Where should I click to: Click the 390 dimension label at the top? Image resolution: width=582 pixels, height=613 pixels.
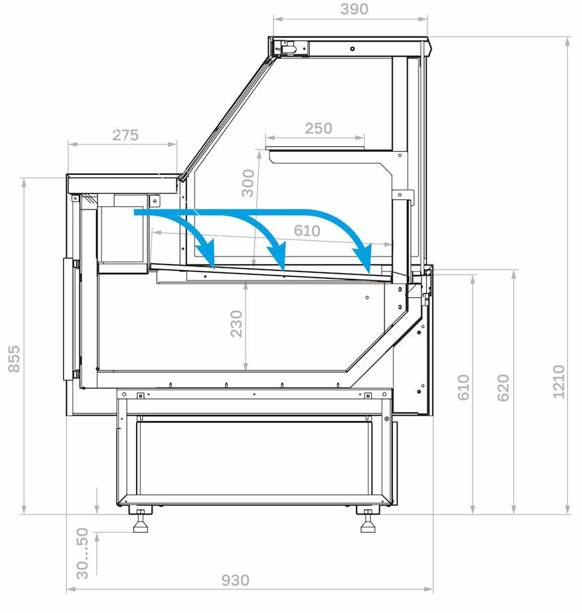354,9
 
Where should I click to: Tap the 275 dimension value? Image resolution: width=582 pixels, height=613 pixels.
125,135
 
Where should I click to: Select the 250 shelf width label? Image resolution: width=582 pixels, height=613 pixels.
319,128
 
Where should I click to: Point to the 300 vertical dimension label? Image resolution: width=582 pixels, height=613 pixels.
248,183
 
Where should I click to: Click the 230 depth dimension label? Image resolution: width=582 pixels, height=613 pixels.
236,324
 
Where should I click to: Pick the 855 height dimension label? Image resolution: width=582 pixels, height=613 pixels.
14,359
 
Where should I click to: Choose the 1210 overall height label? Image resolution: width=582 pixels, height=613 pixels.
559,382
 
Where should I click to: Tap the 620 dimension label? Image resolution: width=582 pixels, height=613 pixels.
503,388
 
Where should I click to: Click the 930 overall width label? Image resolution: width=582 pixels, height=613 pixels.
235,580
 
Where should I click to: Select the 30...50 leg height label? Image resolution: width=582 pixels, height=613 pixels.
82,554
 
